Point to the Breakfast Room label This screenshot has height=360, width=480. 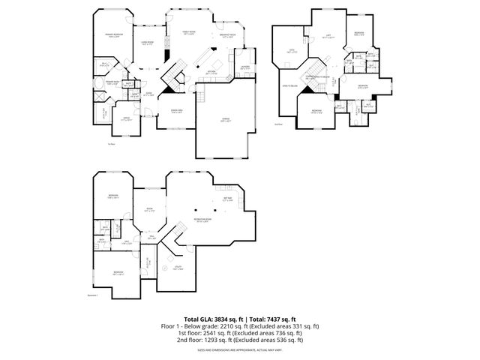229,34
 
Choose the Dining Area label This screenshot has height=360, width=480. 176,111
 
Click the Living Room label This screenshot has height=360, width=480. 148,42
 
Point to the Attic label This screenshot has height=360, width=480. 292,50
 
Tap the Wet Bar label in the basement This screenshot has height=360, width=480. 229,199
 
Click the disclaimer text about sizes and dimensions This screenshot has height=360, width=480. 240,349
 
